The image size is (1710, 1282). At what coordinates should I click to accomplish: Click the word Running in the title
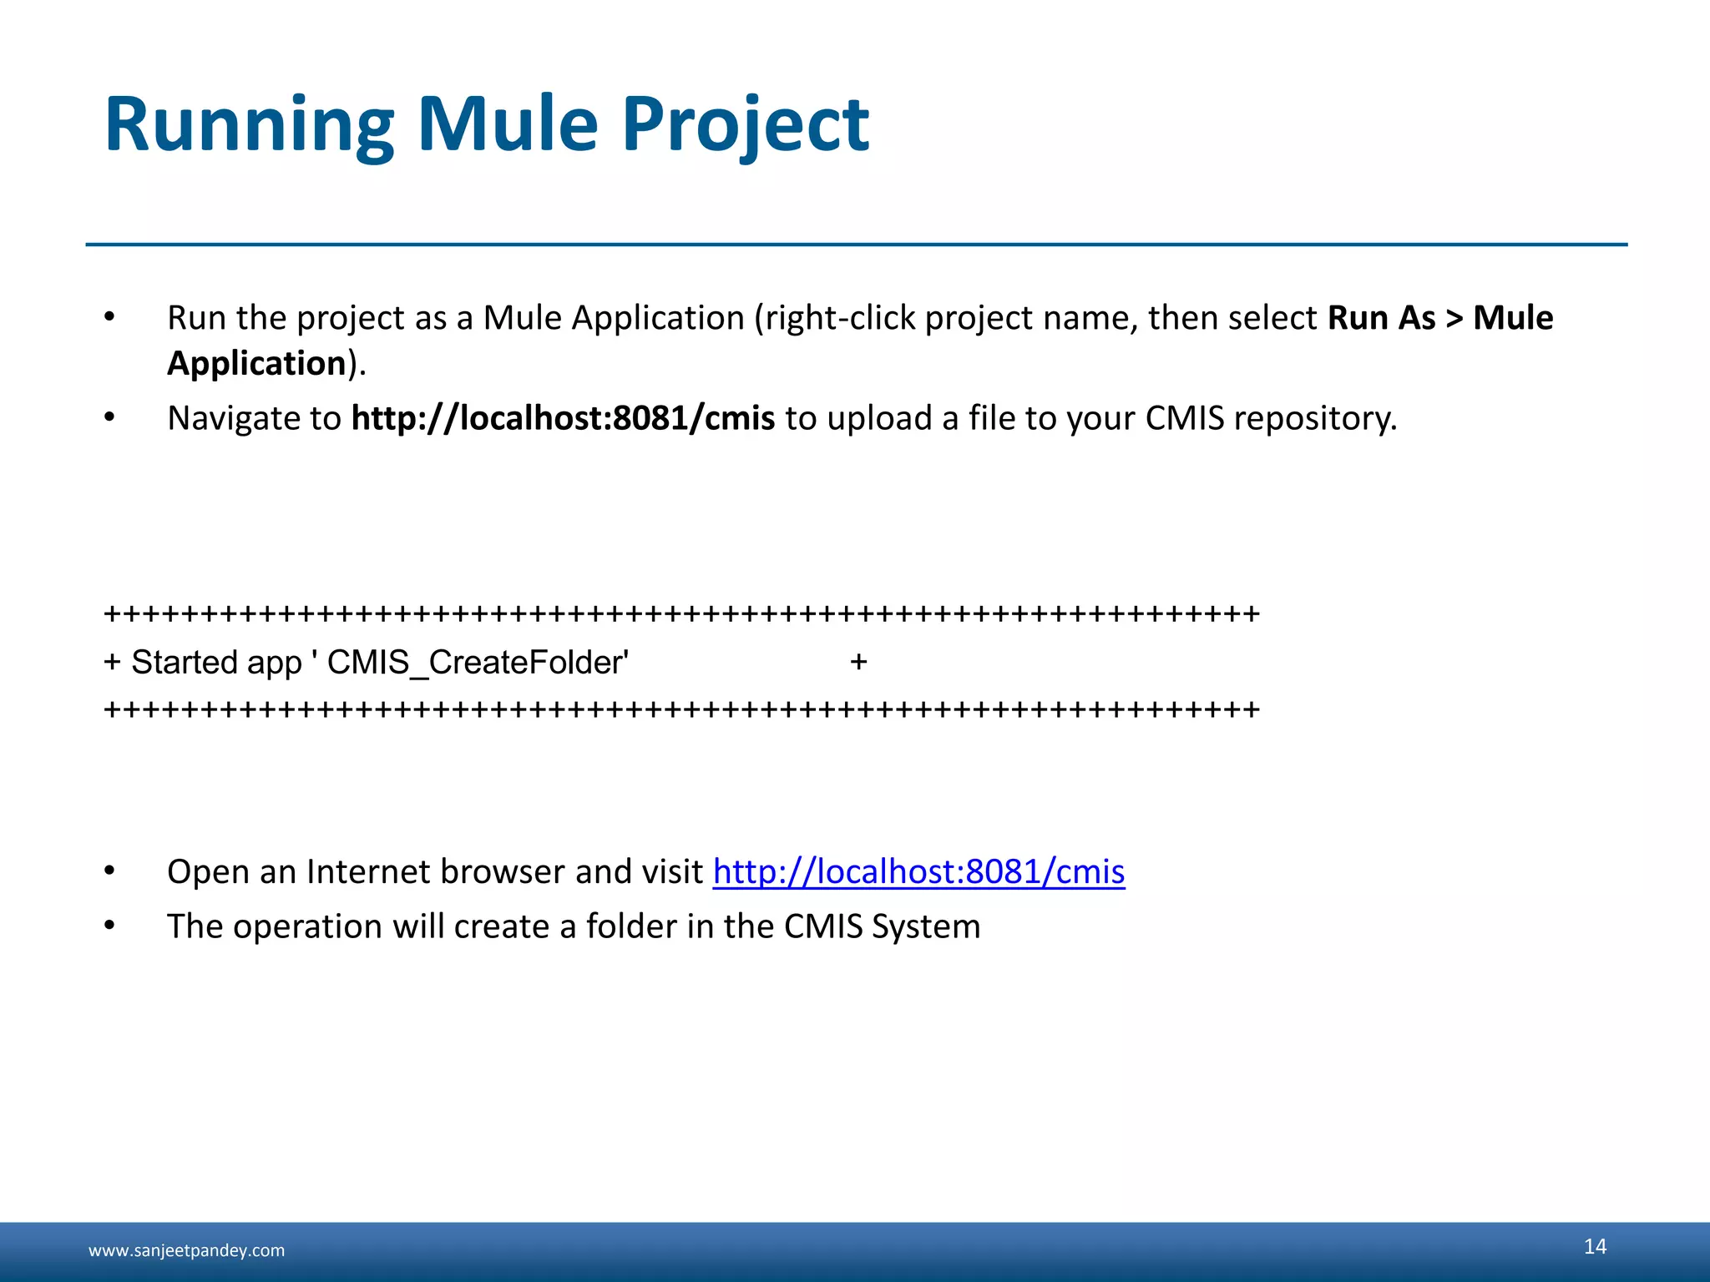coord(249,125)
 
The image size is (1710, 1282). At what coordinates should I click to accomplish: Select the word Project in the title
coord(746,125)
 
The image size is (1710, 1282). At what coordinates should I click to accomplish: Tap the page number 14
coord(1595,1246)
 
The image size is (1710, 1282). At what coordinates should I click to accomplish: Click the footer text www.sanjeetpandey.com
coord(186,1250)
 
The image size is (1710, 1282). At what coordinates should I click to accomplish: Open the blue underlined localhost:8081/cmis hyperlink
coord(918,871)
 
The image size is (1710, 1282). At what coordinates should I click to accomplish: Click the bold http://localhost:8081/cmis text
coord(563,418)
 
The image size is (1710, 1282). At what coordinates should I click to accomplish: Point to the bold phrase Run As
coord(1381,318)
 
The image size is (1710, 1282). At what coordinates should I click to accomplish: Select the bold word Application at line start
coord(256,364)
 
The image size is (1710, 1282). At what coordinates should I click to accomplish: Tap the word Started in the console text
coord(185,663)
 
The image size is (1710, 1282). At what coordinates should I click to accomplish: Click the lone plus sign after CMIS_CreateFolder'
coord(858,663)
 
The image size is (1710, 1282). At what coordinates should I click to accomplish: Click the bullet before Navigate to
coord(109,417)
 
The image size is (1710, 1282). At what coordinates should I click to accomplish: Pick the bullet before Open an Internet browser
coord(109,871)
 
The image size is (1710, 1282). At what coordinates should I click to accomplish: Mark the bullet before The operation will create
coord(109,926)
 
